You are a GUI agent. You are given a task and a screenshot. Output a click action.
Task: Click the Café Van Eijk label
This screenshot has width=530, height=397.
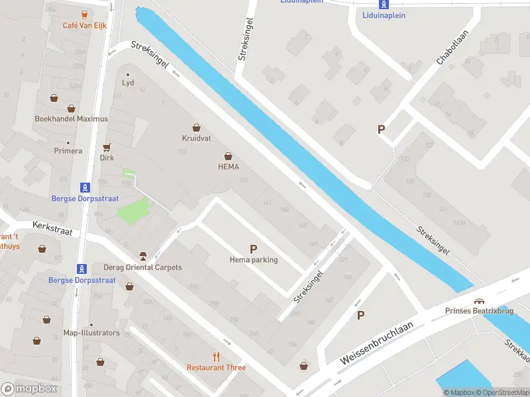(84, 25)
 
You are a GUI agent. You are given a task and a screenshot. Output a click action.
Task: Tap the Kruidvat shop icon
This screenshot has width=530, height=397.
(196, 127)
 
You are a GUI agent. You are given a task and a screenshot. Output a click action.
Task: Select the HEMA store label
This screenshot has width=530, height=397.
(228, 167)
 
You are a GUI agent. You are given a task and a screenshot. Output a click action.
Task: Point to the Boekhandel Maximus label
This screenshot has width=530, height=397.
(71, 119)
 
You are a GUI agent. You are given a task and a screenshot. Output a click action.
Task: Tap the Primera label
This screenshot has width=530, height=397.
(68, 151)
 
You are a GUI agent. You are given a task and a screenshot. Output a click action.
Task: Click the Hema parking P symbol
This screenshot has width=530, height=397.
(253, 249)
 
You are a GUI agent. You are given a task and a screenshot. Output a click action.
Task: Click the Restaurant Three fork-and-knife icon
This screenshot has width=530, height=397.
(216, 356)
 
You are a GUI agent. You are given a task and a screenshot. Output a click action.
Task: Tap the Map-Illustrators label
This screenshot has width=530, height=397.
(91, 333)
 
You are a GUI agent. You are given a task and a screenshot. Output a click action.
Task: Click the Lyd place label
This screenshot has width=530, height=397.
(128, 83)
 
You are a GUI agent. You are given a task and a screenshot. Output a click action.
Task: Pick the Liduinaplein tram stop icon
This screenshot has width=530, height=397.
(384, 3)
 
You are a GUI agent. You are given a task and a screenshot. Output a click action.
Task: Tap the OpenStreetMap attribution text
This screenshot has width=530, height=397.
(505, 392)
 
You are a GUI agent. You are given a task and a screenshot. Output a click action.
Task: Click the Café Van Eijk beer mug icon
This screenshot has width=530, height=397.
(84, 14)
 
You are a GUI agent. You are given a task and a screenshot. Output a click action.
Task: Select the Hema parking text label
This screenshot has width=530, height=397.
(254, 260)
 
